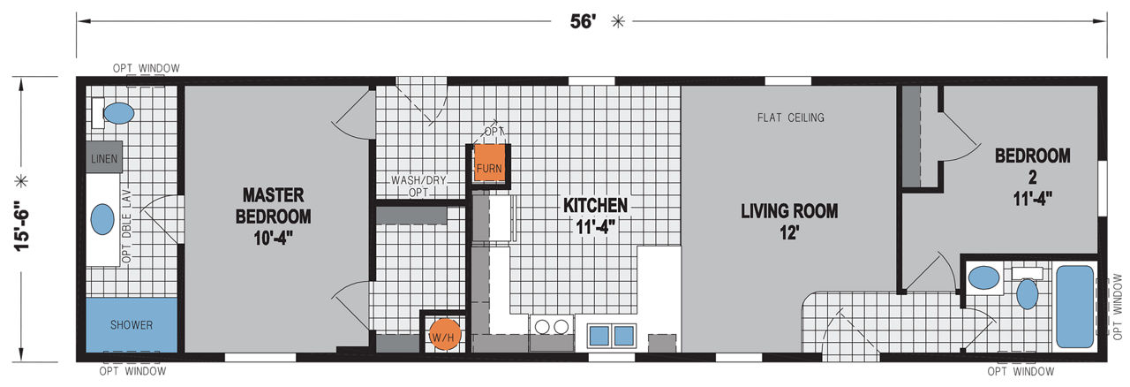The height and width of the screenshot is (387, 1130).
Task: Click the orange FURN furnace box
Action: (x=489, y=165)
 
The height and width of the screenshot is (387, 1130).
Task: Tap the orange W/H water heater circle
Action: (x=444, y=335)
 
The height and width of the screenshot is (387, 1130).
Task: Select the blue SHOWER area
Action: (x=132, y=325)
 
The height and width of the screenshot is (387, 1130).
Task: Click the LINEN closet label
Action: (x=104, y=159)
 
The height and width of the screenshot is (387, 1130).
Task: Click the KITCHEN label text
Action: (x=595, y=205)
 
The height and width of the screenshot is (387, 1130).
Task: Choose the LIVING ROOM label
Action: (x=789, y=210)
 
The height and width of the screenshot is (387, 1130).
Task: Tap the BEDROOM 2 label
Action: (x=1033, y=166)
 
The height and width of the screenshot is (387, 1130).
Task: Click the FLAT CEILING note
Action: (x=790, y=118)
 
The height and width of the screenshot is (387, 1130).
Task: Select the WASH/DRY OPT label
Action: (x=418, y=186)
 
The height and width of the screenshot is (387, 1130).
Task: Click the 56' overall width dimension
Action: (x=583, y=21)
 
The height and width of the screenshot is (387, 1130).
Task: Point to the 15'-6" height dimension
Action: (x=22, y=226)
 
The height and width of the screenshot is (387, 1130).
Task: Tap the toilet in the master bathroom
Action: (x=114, y=113)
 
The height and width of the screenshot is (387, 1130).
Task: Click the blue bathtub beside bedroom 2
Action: (x=1075, y=307)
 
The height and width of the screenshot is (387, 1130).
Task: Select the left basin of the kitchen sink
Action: (x=599, y=336)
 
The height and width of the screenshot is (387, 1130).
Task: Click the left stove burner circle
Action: (x=542, y=327)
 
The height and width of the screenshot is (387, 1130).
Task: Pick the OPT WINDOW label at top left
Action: (x=146, y=68)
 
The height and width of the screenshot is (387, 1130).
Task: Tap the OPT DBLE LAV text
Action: (x=126, y=226)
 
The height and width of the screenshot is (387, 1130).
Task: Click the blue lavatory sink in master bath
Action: (x=102, y=219)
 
